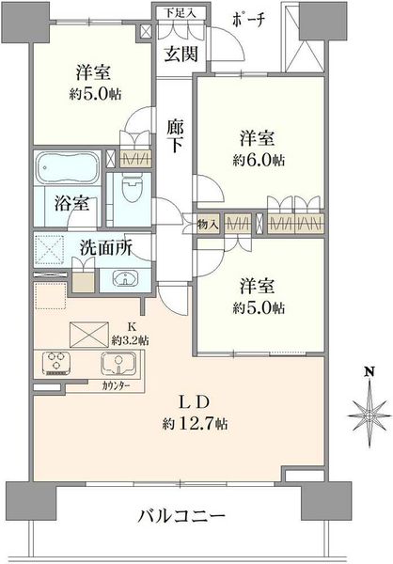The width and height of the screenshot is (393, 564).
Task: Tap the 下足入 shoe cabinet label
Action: click(181, 13)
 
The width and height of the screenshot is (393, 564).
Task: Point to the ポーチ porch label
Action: click(248, 20)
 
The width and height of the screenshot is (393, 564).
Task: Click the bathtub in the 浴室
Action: click(67, 167)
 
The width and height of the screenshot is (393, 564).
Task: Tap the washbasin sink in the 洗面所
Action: click(124, 279)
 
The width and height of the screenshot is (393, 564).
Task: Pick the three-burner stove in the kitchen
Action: click(56, 363)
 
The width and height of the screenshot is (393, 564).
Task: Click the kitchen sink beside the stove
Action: click(118, 363)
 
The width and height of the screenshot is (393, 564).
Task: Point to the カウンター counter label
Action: click(116, 386)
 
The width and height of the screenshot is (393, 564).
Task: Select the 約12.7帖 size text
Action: click(195, 424)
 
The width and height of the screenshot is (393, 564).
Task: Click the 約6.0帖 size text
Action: click(259, 160)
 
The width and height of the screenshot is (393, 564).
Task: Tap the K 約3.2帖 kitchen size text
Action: click(131, 334)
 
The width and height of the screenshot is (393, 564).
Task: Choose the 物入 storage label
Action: click(208, 226)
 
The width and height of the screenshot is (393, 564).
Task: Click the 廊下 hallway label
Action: click(175, 136)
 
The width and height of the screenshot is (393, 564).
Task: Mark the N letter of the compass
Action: click(369, 371)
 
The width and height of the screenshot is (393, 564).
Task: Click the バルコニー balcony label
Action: click(181, 517)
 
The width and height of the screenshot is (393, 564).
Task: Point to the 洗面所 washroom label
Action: click(106, 248)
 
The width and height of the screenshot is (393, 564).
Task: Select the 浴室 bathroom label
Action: click(72, 203)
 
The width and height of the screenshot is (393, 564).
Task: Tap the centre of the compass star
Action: click(369, 415)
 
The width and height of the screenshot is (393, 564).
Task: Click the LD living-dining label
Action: click(195, 403)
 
